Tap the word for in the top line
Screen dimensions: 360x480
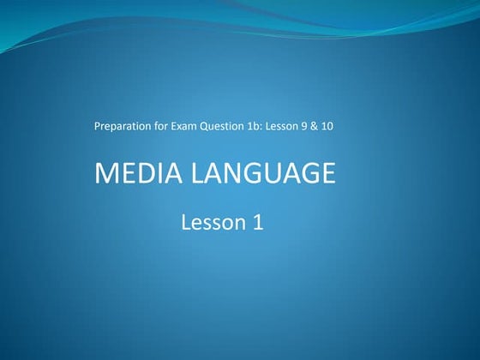(x=161, y=127)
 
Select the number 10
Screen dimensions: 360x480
(x=339, y=127)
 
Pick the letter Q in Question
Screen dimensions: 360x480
(x=207, y=127)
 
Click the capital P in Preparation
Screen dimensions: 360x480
(x=97, y=127)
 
